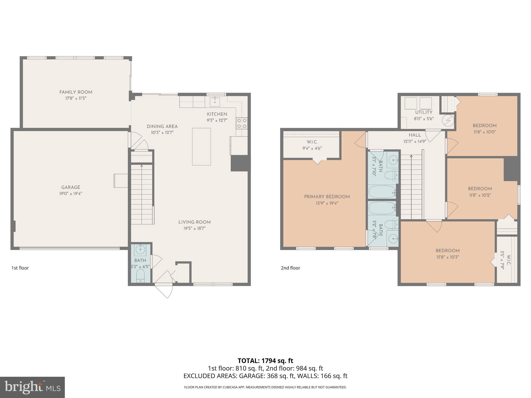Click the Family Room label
76,92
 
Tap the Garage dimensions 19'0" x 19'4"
71,194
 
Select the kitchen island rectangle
201,147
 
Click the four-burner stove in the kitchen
241,123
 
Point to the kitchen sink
215,102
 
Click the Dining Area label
162,126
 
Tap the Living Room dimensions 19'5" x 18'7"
194,228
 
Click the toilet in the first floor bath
140,275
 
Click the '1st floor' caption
20,268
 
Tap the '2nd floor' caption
290,268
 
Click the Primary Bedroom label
327,197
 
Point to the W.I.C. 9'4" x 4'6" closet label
312,142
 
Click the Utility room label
424,112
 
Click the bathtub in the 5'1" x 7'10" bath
382,192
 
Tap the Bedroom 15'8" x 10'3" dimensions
448,257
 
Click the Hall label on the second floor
415,135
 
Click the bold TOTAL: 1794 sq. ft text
265,360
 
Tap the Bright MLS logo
32,387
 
